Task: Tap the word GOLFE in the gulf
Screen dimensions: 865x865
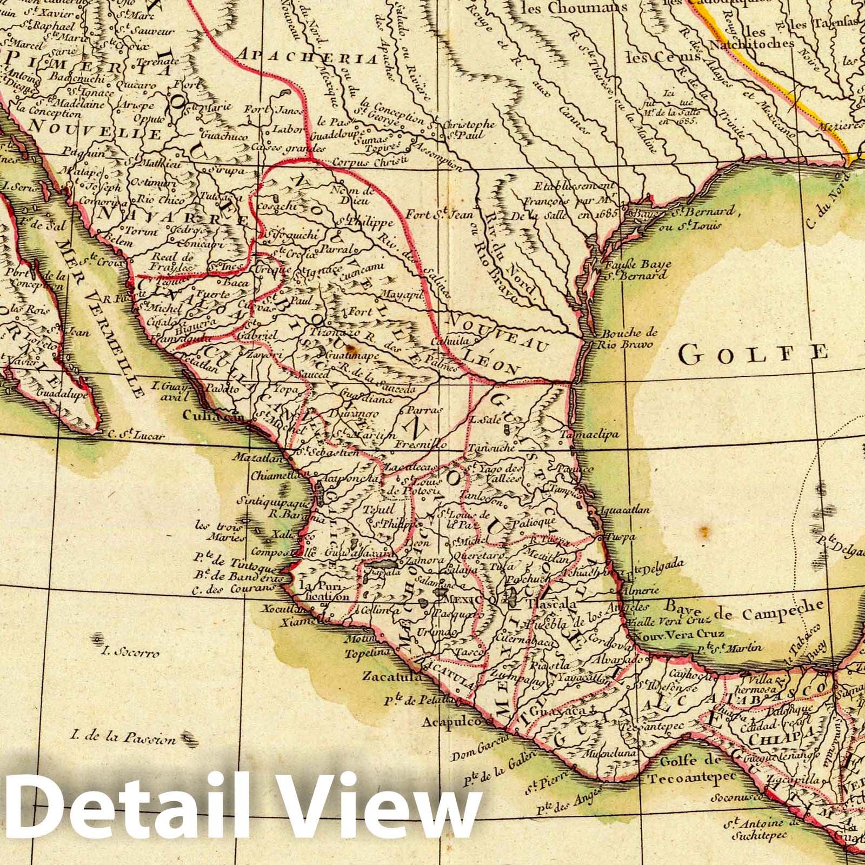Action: coord(754,354)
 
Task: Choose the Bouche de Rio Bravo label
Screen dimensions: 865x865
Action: coord(629,338)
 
